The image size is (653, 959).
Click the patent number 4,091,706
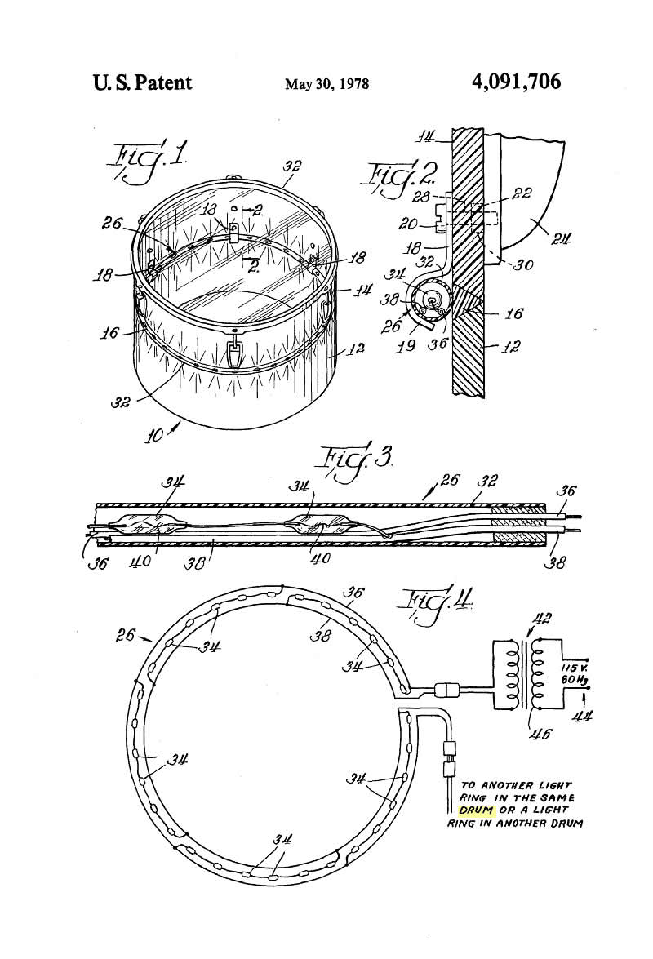(x=516, y=81)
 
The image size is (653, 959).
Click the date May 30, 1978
(x=327, y=83)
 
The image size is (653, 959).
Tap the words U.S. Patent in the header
(x=143, y=82)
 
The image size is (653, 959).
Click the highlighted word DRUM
(x=476, y=811)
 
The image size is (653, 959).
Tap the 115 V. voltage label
(x=571, y=668)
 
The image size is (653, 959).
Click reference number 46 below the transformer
(x=541, y=733)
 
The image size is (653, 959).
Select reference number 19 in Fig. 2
(x=406, y=345)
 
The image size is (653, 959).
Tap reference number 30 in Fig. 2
(x=523, y=264)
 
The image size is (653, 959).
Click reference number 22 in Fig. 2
(x=522, y=193)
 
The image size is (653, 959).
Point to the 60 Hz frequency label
(x=571, y=680)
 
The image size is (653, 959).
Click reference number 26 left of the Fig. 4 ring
(x=126, y=636)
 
